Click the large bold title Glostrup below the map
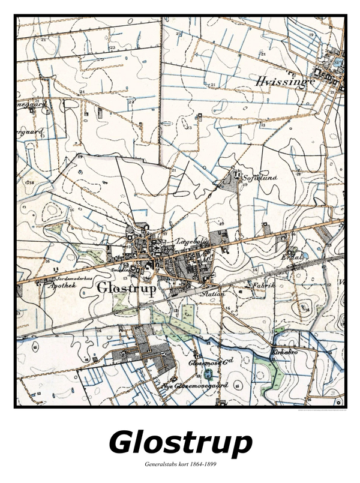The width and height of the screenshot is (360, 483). pyautogui.click(x=180, y=442)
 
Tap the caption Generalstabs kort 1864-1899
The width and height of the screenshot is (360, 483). pyautogui.click(x=180, y=464)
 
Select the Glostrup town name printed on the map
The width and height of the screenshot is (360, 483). pyautogui.click(x=126, y=289)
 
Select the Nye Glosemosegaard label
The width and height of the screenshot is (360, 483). pyautogui.click(x=195, y=385)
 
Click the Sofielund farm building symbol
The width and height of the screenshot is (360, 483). pyautogui.click(x=238, y=175)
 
